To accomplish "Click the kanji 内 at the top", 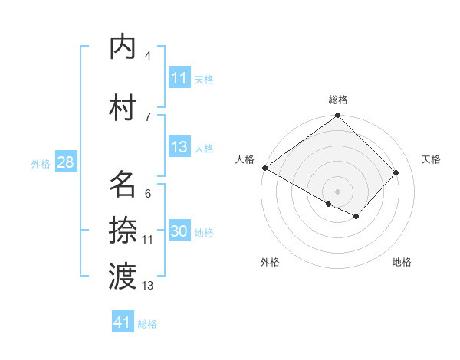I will (x=123, y=47).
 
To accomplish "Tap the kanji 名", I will (x=123, y=184).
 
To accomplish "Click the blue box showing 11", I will (x=179, y=78).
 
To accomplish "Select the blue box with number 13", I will (x=179, y=148).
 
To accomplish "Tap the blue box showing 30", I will (x=179, y=232).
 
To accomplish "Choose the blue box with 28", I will (x=65, y=162).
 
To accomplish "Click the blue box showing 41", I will (x=123, y=322).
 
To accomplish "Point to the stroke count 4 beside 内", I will (x=148, y=56).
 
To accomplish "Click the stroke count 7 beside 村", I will (x=148, y=116).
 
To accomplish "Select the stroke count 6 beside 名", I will (x=148, y=194).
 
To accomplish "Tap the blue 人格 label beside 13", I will (x=204, y=149).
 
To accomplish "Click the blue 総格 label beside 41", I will (x=147, y=324).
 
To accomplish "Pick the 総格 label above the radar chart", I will (x=338, y=100).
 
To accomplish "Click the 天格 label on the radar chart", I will (x=431, y=159).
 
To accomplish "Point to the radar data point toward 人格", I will (x=264, y=168).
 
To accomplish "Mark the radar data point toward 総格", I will (x=337, y=116).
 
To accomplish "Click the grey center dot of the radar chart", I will (x=337, y=190).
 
